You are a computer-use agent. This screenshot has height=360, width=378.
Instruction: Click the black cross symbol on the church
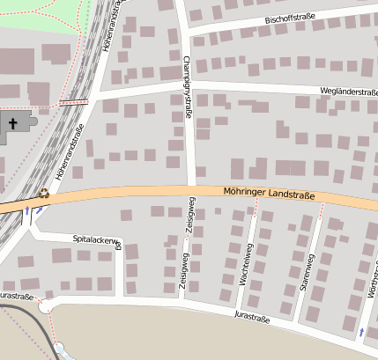(x=13, y=123)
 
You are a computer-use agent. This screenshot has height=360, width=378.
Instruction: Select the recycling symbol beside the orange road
(x=43, y=192)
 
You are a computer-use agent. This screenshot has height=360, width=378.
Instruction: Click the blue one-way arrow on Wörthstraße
(x=360, y=332)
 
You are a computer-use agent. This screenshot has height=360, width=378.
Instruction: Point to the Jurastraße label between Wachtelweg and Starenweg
(x=251, y=314)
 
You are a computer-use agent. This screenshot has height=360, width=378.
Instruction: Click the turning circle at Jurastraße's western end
(x=44, y=306)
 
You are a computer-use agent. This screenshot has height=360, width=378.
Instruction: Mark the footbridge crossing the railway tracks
(x=73, y=103)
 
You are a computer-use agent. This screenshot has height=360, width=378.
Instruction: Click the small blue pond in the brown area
(x=59, y=349)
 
